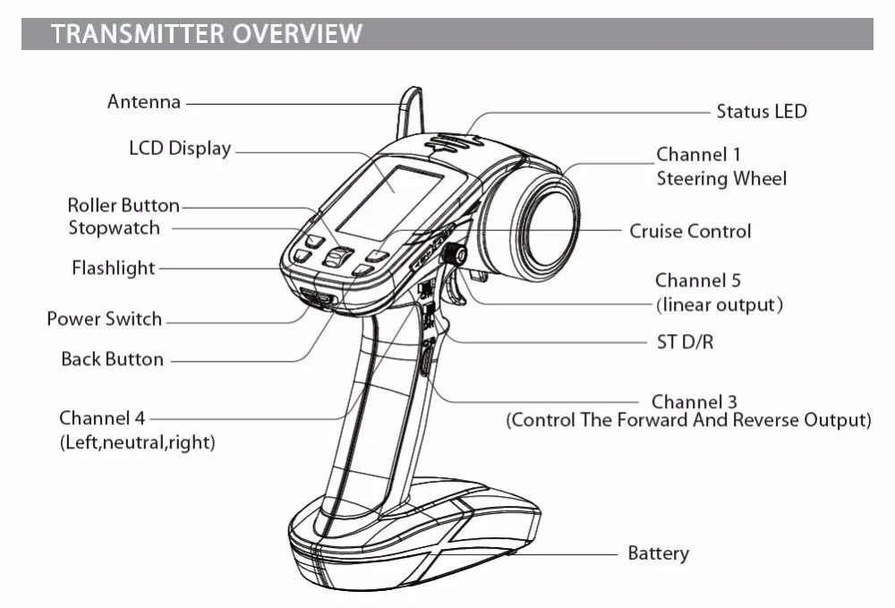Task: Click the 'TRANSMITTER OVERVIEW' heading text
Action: pos(206,33)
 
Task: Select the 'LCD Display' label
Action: pos(180,149)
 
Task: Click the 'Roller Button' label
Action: pos(124,205)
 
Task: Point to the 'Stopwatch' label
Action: pos(115,227)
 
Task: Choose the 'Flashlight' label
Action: pos(113,268)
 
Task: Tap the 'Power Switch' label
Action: pos(105,319)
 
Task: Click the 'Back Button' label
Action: pos(113,359)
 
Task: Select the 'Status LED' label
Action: pos(762,111)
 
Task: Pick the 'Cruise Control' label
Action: pos(690,231)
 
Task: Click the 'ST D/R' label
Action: pos(685,342)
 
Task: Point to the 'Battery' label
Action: pos(658,553)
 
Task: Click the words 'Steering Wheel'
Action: pos(721,179)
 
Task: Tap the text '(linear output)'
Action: pos(720,304)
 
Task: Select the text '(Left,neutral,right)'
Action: pos(138,442)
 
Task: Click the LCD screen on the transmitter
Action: pos(390,202)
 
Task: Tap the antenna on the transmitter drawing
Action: pos(411,112)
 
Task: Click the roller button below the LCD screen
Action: pos(337,257)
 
